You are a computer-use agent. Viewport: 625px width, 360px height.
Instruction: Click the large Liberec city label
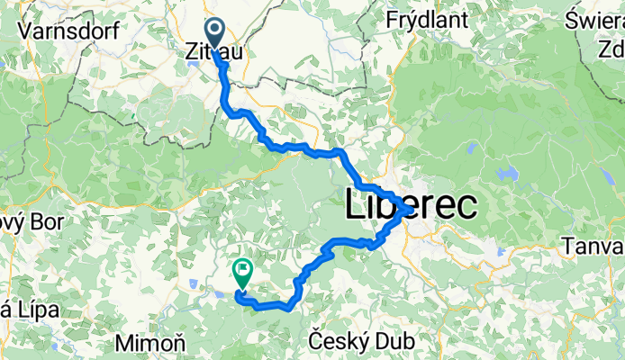pyautogui.click(x=411, y=207)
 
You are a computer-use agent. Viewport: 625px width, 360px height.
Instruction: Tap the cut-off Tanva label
pyautogui.click(x=592, y=245)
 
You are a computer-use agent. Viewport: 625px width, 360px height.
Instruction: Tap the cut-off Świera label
pyautogui.click(x=596, y=18)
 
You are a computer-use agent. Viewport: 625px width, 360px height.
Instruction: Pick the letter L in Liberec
pyautogui.click(x=354, y=207)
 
